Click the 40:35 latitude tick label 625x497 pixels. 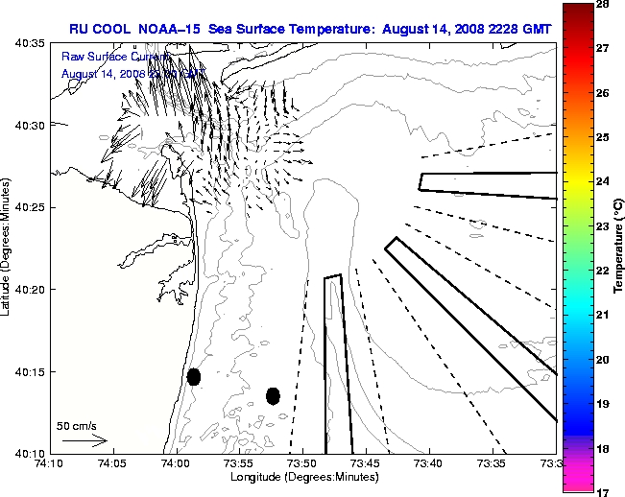pos(33,44)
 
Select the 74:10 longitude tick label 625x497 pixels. pos(49,463)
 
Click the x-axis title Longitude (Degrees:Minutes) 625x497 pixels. pos(302,477)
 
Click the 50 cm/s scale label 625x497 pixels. pos(75,425)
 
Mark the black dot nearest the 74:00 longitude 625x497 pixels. pos(194,376)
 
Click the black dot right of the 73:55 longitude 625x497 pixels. pos(273,395)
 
